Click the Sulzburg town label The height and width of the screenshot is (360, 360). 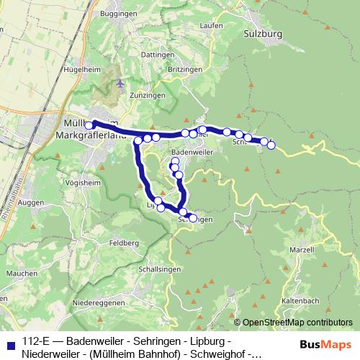(x=263, y=33)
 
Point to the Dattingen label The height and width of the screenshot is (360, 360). (x=138, y=54)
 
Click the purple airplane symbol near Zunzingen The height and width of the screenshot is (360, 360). (x=120, y=83)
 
